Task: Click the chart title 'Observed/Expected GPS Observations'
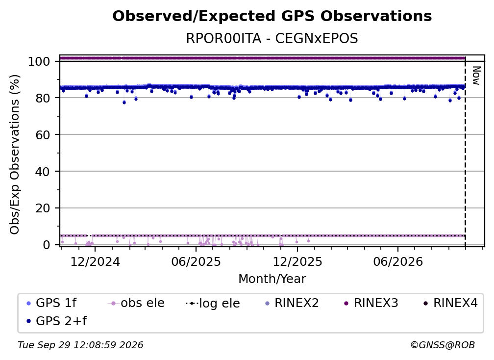272,16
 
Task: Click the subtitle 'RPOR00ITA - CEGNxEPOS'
272,38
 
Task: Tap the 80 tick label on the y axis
43,98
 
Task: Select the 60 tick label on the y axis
43,134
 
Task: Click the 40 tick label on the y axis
43,172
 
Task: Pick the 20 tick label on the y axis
43,208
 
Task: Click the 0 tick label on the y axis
47,245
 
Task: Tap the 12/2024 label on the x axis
95,261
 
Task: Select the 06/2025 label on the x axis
196,261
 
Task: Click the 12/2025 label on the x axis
297,261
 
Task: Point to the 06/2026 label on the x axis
398,261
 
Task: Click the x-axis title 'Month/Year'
272,279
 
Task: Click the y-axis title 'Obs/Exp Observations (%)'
15,154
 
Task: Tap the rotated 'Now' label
476,76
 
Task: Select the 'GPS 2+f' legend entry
57,321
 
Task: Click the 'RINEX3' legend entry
371,303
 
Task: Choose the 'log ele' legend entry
213,303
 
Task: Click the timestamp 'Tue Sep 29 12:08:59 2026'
80,345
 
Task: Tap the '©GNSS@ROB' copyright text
443,345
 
